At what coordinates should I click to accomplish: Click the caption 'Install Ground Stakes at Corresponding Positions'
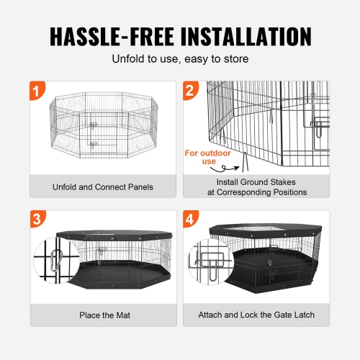tap(257, 187)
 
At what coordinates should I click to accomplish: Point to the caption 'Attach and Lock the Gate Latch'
tap(257, 315)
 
